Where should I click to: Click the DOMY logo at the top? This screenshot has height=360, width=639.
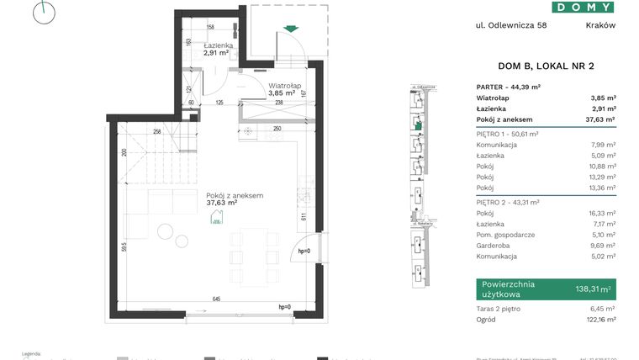tap(584, 7)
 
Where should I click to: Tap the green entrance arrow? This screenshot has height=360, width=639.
tap(291, 29)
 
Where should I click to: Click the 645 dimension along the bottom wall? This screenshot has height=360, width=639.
tap(216, 299)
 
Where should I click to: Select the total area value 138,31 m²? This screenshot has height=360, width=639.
tap(589, 289)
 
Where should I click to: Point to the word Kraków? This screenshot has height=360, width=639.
tap(600, 25)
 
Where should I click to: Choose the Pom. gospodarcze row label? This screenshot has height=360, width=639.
tap(504, 235)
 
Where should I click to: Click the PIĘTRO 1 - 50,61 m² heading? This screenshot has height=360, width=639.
tap(508, 134)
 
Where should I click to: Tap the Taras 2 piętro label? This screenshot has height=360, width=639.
tap(499, 310)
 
